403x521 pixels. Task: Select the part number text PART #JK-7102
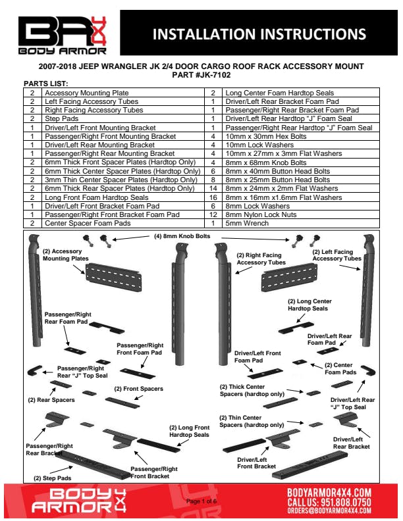coord(201,75)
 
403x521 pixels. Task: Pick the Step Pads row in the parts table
coord(59,119)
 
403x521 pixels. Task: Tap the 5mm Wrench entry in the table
coord(244,223)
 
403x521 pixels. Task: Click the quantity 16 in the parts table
coord(213,197)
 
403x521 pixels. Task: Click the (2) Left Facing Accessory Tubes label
coord(336,255)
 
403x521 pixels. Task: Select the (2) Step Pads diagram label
coord(53,478)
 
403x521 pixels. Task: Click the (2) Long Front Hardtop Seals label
coord(189,431)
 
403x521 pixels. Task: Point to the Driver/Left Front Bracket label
coord(256,462)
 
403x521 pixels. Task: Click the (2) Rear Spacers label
coord(51,399)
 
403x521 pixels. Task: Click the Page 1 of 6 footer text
coord(201,501)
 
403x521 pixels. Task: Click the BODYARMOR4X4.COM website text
coord(329,492)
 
